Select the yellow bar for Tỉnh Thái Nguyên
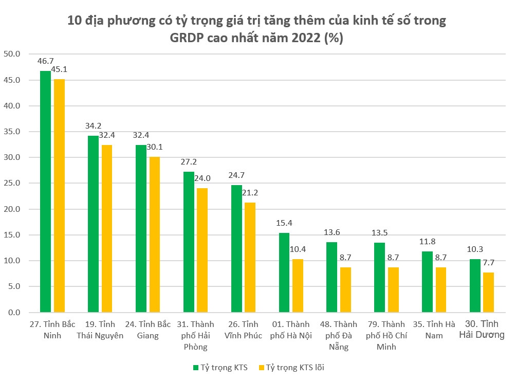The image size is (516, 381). (106, 229)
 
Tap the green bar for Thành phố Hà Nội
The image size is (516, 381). (284, 273)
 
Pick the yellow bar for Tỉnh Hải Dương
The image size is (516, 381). (489, 292)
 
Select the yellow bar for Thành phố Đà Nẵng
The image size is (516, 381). (345, 289)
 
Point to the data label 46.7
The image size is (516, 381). (46, 61)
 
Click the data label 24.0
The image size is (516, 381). (202, 178)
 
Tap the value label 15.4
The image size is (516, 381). (284, 223)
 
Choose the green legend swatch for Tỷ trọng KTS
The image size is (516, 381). (196, 367)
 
